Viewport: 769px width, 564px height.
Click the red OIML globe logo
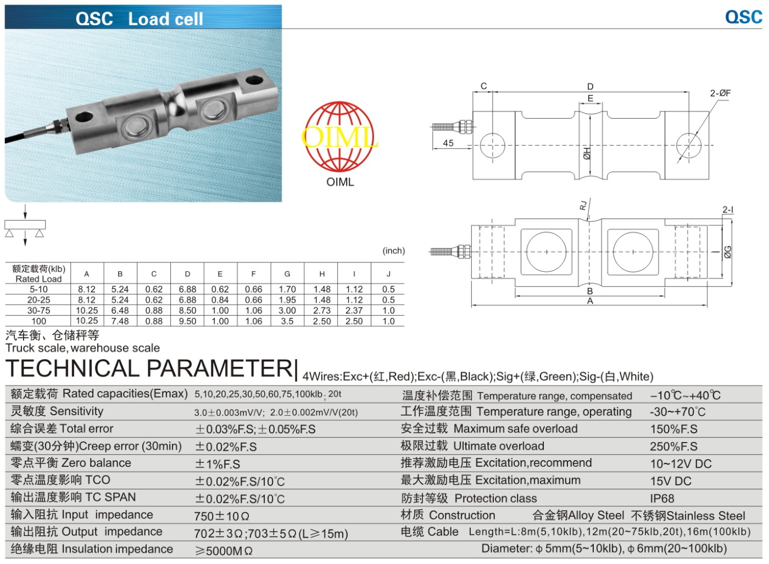(x=339, y=137)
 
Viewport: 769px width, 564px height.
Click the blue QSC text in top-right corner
(x=743, y=16)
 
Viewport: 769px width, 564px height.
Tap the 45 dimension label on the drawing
(x=448, y=143)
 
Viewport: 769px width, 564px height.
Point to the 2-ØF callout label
(x=720, y=93)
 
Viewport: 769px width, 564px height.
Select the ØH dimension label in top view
(x=587, y=153)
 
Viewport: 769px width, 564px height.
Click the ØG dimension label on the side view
(x=728, y=252)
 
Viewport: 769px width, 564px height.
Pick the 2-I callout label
(x=728, y=210)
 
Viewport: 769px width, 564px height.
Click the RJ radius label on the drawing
(x=583, y=205)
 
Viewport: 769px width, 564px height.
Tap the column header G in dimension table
(x=287, y=273)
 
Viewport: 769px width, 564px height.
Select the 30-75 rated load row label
(x=38, y=310)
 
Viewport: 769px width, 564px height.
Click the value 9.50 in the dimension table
(x=187, y=321)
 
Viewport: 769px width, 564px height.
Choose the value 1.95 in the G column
(x=287, y=300)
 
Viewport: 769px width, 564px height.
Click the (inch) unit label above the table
(x=393, y=251)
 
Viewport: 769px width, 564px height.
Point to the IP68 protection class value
(x=662, y=499)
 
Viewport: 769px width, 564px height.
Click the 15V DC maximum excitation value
(x=670, y=481)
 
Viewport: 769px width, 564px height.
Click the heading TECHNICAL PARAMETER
(x=149, y=368)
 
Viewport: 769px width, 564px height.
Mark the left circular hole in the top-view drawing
(x=492, y=146)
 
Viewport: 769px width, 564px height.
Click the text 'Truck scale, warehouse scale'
(x=82, y=348)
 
